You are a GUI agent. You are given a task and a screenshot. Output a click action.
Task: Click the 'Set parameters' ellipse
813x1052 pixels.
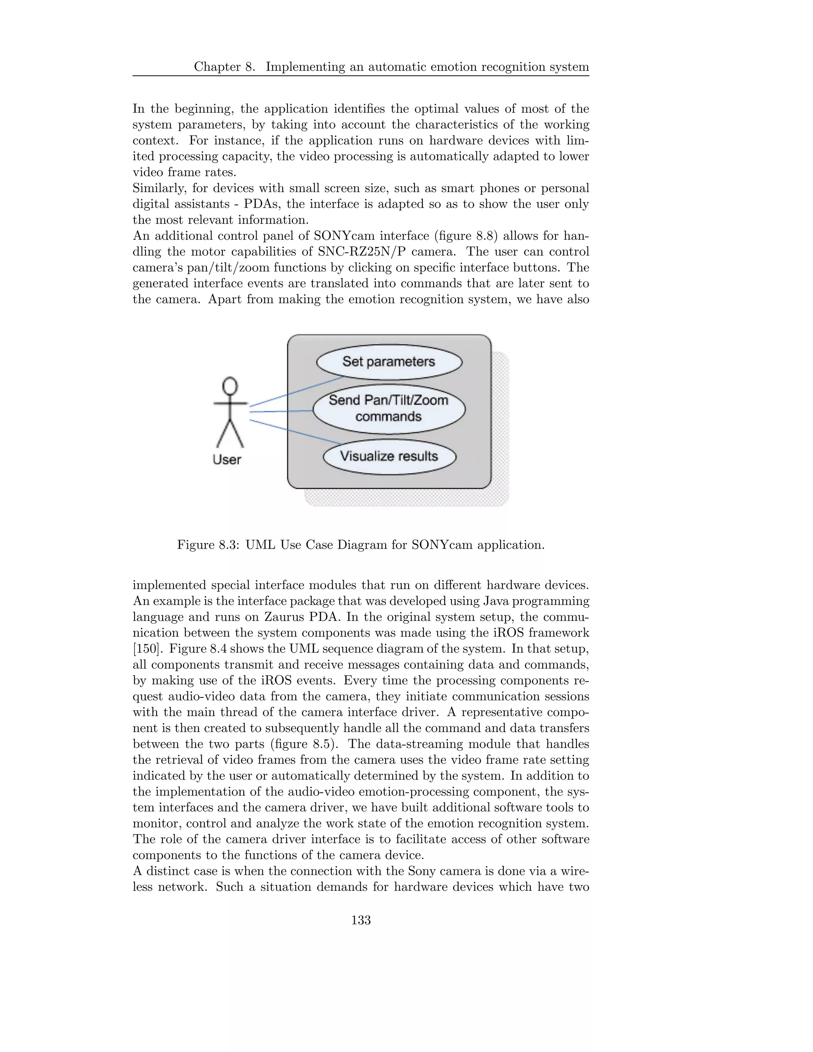click(389, 362)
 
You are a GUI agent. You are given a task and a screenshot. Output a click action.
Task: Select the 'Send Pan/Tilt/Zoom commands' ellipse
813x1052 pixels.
click(389, 408)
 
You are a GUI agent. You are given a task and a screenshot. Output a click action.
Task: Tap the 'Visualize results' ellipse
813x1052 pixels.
click(389, 456)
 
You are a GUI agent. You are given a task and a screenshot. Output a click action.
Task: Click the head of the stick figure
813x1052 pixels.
click(230, 386)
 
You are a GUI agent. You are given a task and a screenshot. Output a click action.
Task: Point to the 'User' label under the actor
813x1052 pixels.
click(227, 460)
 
